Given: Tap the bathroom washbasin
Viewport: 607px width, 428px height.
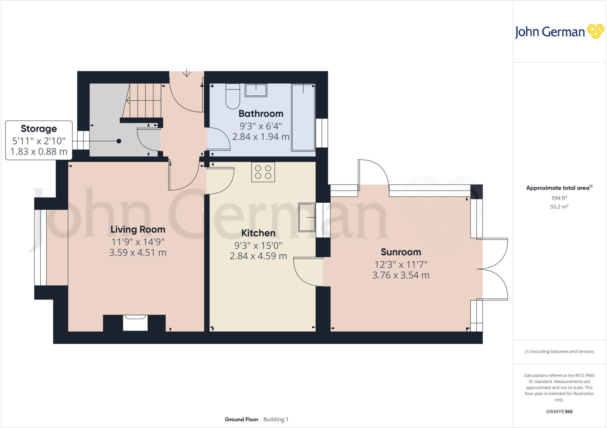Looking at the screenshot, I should pyautogui.click(x=256, y=90).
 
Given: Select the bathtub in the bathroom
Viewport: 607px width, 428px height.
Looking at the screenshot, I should pyautogui.click(x=303, y=118).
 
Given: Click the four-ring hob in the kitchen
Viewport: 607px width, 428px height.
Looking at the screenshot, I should pyautogui.click(x=263, y=172).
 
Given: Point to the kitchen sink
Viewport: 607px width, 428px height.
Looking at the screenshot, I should pyautogui.click(x=307, y=217).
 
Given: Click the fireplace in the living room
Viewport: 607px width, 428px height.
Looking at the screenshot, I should pyautogui.click(x=135, y=323).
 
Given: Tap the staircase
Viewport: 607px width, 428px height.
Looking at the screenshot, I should pyautogui.click(x=144, y=100).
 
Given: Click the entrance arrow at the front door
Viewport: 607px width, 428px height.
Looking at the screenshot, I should pyautogui.click(x=186, y=73).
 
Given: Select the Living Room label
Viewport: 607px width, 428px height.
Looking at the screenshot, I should pyautogui.click(x=138, y=229).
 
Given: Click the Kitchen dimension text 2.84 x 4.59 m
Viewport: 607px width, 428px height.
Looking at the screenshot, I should pyautogui.click(x=258, y=256).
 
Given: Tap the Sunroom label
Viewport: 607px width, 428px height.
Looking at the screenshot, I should pyautogui.click(x=401, y=252).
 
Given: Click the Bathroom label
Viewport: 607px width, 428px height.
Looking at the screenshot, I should pyautogui.click(x=261, y=114).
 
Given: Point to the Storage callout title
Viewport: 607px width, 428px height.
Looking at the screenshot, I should pyautogui.click(x=39, y=129).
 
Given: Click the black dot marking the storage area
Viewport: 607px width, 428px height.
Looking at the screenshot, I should pyautogui.click(x=119, y=141).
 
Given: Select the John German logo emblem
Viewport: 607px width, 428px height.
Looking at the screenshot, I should pyautogui.click(x=595, y=31).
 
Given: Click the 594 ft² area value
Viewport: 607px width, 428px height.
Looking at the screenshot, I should pyautogui.click(x=559, y=198).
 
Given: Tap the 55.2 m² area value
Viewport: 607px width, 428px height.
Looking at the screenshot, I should pyautogui.click(x=559, y=207).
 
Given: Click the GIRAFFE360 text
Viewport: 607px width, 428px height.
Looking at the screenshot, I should pyautogui.click(x=559, y=411).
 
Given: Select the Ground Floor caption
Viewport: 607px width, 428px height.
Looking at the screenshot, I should pyautogui.click(x=242, y=419).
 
